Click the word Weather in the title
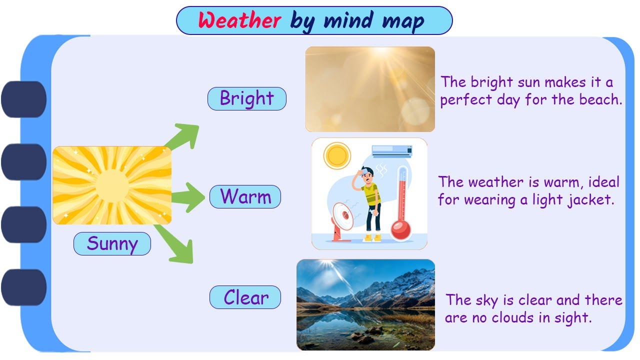[239, 21]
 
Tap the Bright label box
[247, 98]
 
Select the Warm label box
[245, 196]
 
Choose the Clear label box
[245, 297]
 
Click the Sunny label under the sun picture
[112, 243]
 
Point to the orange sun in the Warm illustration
[337, 155]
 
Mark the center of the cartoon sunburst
[112, 185]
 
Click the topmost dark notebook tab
[24, 99]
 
